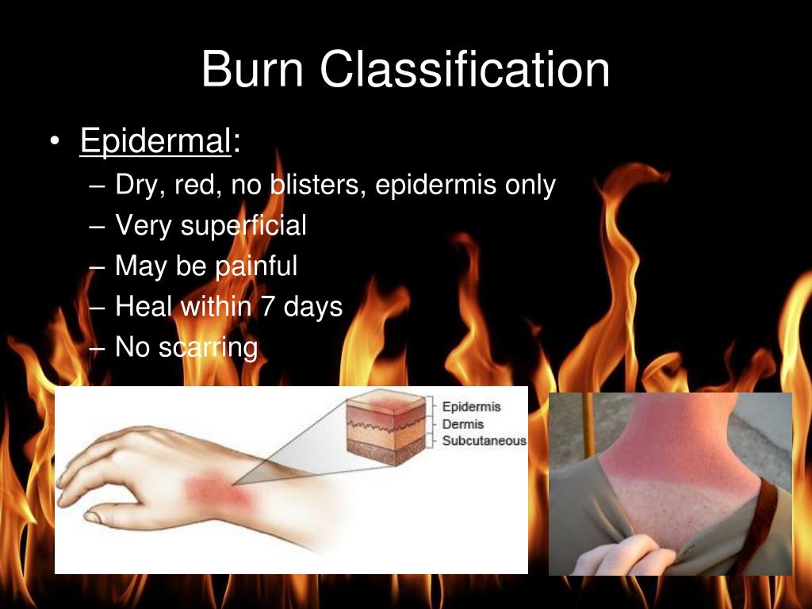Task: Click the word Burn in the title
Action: coord(252,70)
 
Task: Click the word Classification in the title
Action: coord(465,70)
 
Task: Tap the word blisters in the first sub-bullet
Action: coord(316,185)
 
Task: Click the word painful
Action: coord(255,266)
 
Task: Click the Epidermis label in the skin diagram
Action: coord(471,407)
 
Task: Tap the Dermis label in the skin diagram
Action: coord(463,424)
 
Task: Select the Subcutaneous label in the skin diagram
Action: coord(484,441)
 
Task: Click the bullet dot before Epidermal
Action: coord(54,144)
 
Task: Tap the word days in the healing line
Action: coord(313,307)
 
